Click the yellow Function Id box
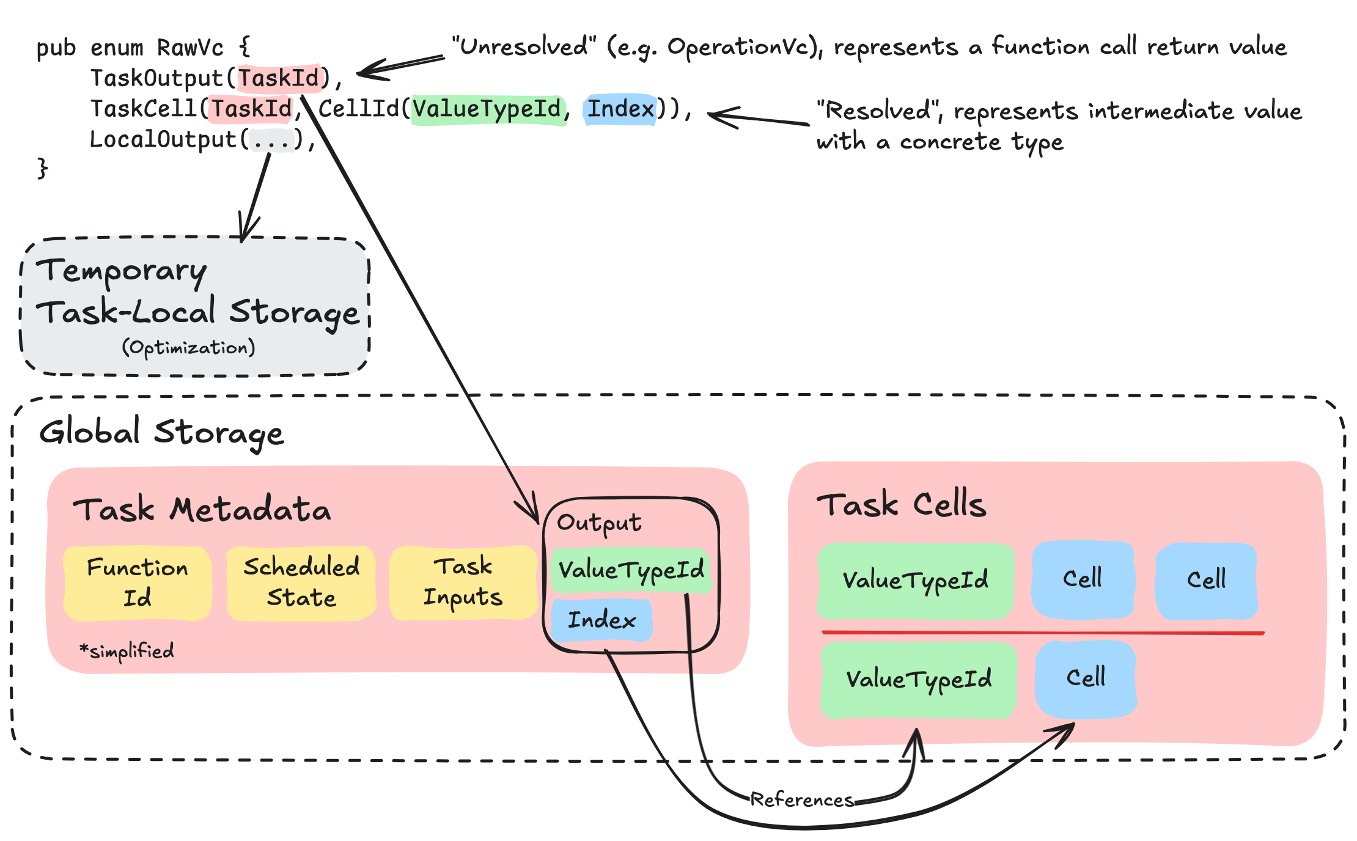(138, 583)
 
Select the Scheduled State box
(301, 583)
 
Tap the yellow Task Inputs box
(463, 583)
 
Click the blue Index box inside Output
(601, 620)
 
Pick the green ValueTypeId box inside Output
(631, 570)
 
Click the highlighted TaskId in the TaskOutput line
(279, 78)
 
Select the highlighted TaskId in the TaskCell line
(251, 109)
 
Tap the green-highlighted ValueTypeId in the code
(487, 109)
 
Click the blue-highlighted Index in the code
(620, 109)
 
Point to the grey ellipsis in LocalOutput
(271, 140)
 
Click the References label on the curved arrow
(801, 799)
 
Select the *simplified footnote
(127, 651)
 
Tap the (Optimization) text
(188, 347)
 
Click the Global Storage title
(161, 433)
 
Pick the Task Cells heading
(902, 505)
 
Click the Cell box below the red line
(1086, 678)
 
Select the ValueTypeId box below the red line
(918, 679)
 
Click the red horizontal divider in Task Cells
(1042, 633)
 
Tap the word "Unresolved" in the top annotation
(524, 46)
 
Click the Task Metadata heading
(202, 509)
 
